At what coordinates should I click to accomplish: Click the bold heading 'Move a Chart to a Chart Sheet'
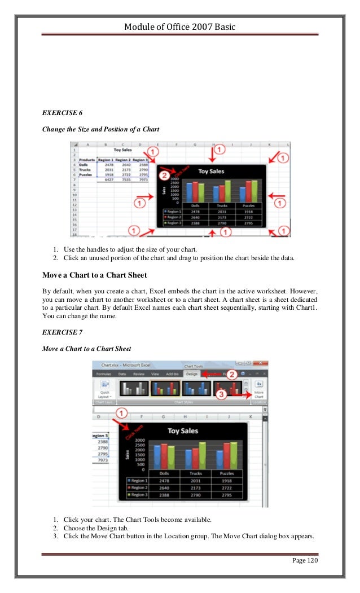click(x=95, y=275)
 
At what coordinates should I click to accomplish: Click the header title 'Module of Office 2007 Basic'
click(x=179, y=28)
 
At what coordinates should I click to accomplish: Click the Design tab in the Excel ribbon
click(x=192, y=374)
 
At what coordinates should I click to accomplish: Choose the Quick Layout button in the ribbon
click(x=104, y=392)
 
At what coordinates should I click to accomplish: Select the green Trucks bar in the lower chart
click(x=203, y=455)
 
